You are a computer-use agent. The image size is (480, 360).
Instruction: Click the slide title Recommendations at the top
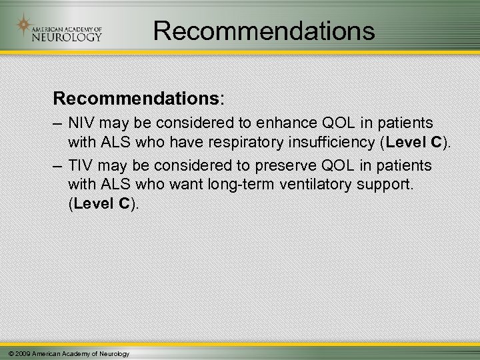click(264, 30)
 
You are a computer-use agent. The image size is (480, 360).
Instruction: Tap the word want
click(178, 182)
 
